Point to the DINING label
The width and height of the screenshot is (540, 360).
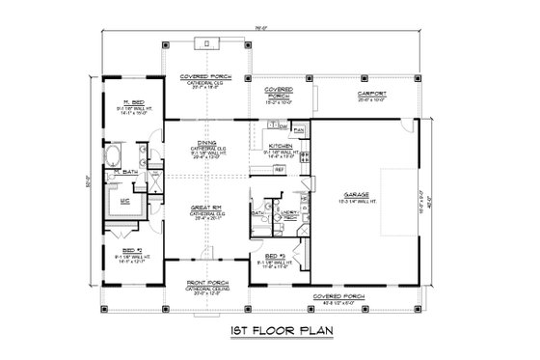pyautogui.click(x=204, y=139)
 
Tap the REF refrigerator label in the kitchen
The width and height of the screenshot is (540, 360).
pyautogui.click(x=279, y=167)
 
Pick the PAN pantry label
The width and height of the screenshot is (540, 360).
pyautogui.click(x=299, y=128)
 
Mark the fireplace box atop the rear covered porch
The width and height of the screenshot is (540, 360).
pyautogui.click(x=204, y=43)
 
